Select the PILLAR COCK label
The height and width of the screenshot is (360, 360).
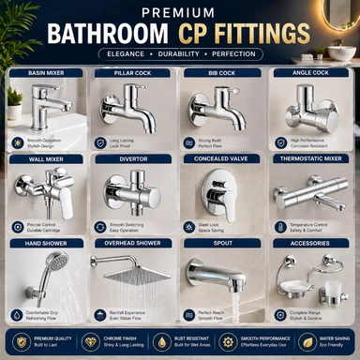(x=133, y=72)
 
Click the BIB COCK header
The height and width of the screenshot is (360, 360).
(x=222, y=72)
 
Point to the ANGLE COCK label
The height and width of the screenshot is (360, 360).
(x=311, y=72)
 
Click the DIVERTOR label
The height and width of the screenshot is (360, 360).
(x=133, y=158)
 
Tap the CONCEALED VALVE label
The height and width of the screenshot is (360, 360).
(x=222, y=158)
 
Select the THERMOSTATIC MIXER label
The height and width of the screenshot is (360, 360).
(x=311, y=158)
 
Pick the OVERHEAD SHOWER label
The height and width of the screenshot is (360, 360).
(x=133, y=243)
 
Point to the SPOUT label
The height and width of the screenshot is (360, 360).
(x=222, y=243)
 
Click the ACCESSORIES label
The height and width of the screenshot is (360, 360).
(x=311, y=243)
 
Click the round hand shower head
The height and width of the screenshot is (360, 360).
(x=58, y=265)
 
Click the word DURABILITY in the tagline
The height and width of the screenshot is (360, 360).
(x=179, y=53)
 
